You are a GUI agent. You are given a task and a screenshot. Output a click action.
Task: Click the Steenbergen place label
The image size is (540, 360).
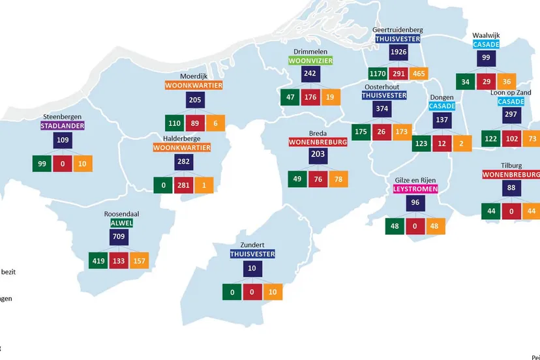point(63,117)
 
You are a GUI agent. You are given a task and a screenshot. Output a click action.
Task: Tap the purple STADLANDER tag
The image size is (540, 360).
point(63,126)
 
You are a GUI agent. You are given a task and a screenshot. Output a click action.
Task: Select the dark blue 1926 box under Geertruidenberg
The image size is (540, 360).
point(398,52)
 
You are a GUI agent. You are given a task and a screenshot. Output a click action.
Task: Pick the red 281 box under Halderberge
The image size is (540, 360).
point(183,185)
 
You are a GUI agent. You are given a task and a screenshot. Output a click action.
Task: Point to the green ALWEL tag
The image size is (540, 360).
point(121,222)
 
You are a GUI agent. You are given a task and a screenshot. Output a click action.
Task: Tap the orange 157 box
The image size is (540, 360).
point(139,261)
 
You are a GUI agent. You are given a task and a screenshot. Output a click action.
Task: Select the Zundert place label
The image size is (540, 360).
point(252,245)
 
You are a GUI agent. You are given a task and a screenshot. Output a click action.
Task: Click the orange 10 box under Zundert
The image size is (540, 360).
point(273,292)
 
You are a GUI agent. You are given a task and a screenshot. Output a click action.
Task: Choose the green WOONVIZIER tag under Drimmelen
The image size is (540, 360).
point(310,61)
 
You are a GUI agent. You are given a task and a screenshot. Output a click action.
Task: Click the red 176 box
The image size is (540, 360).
point(310,97)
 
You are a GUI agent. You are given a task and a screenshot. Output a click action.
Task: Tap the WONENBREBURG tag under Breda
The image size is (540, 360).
point(318,142)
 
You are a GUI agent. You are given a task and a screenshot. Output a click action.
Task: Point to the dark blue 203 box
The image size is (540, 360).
point(318,155)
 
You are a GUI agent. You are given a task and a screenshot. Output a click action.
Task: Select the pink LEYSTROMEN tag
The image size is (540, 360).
point(415,188)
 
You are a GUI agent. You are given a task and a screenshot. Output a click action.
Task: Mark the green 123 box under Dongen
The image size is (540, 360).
point(421,143)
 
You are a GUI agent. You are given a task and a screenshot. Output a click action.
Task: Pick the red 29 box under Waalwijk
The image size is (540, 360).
point(484,82)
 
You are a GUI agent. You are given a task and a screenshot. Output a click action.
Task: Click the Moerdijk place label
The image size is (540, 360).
point(194,76)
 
